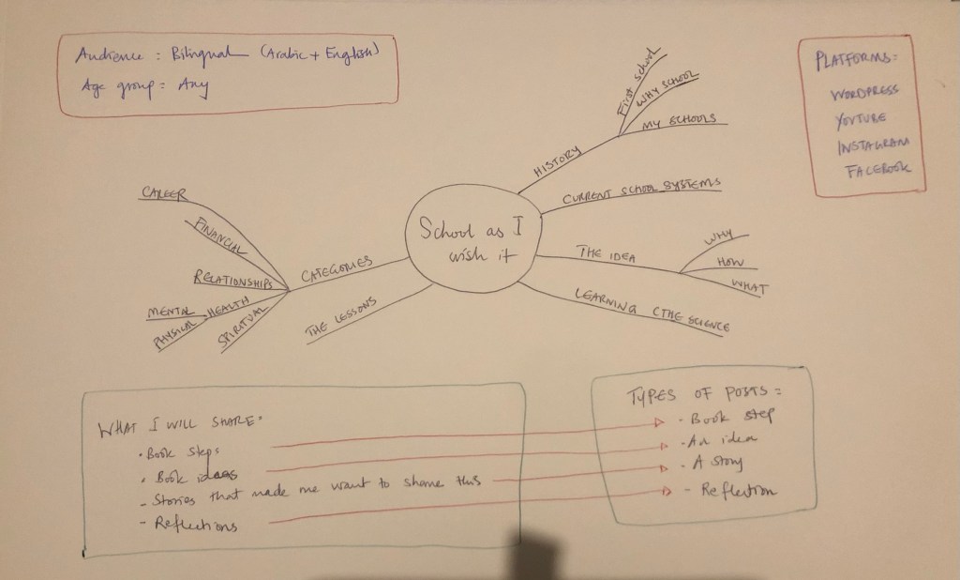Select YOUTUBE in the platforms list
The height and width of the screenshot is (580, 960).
(859, 118)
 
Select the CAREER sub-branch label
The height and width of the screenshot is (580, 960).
(163, 193)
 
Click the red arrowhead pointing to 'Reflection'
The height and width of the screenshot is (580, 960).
(668, 489)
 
